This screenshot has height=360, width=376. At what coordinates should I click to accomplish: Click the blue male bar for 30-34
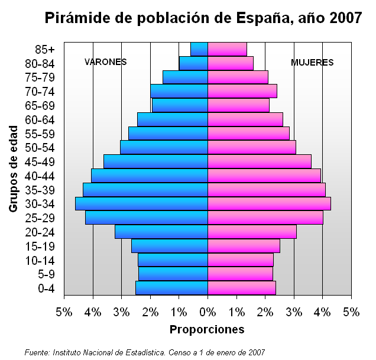click(x=141, y=203)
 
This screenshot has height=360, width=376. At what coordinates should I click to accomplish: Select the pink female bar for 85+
click(x=227, y=49)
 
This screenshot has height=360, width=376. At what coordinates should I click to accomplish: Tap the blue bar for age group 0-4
click(x=171, y=288)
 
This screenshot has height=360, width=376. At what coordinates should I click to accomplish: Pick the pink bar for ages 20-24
click(x=252, y=232)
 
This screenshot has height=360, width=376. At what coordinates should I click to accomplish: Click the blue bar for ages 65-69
click(x=180, y=105)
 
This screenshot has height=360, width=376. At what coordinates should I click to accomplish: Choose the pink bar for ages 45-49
click(x=259, y=161)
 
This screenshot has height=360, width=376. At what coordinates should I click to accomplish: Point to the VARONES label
click(x=106, y=62)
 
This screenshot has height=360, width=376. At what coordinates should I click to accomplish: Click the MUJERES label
click(x=312, y=63)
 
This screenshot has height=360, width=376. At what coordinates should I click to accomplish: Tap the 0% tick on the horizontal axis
click(x=208, y=312)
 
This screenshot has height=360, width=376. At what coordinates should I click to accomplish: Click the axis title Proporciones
click(x=207, y=329)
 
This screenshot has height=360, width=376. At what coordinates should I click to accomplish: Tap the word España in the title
click(x=262, y=18)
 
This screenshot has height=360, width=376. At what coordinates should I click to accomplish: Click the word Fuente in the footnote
click(x=37, y=352)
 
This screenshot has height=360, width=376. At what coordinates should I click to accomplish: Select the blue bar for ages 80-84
click(x=193, y=63)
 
